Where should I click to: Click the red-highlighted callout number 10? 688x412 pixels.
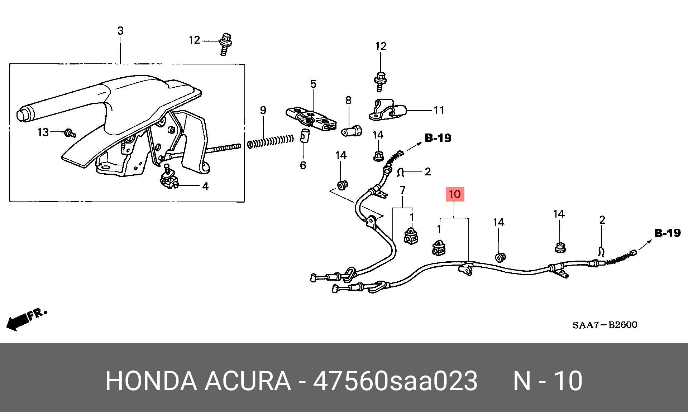(x=454, y=194)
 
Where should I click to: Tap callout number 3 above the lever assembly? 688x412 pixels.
(x=120, y=31)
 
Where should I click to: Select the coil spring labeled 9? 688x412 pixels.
(x=271, y=141)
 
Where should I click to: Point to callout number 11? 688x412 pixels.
(x=439, y=111)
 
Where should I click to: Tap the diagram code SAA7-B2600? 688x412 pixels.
(x=605, y=325)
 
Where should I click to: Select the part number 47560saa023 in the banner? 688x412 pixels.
(x=395, y=381)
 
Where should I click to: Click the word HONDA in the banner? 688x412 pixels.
(x=151, y=381)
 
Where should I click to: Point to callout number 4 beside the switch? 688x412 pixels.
(x=205, y=186)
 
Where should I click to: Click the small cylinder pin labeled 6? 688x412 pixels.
(x=304, y=136)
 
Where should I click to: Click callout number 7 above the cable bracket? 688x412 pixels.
(x=402, y=190)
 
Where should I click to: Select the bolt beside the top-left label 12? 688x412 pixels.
(x=225, y=44)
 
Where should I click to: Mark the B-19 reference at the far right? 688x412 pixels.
(x=667, y=233)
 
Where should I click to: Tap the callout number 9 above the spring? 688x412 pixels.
(x=263, y=110)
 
